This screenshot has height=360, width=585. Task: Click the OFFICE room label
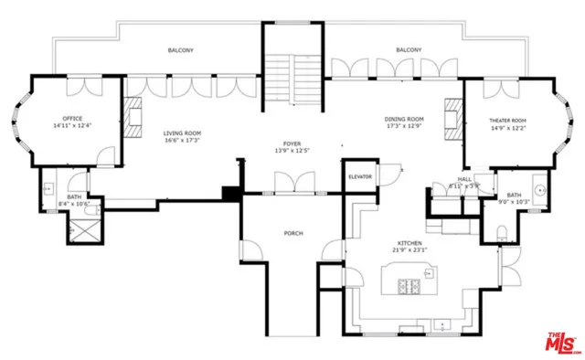(x=73, y=119)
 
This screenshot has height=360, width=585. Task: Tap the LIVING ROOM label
(x=182, y=133)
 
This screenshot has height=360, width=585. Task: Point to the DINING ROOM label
(x=403, y=119)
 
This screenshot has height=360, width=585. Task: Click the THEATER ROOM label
(x=507, y=121)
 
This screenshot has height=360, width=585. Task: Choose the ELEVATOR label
(x=359, y=175)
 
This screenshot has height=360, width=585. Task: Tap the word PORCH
(x=292, y=233)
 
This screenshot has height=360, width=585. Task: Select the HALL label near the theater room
(x=464, y=179)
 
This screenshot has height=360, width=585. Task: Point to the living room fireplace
(x=134, y=117)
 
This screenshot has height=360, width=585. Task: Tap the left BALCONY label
(x=180, y=50)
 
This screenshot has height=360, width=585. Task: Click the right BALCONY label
(x=409, y=50)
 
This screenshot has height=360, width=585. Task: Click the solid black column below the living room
(x=231, y=194)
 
